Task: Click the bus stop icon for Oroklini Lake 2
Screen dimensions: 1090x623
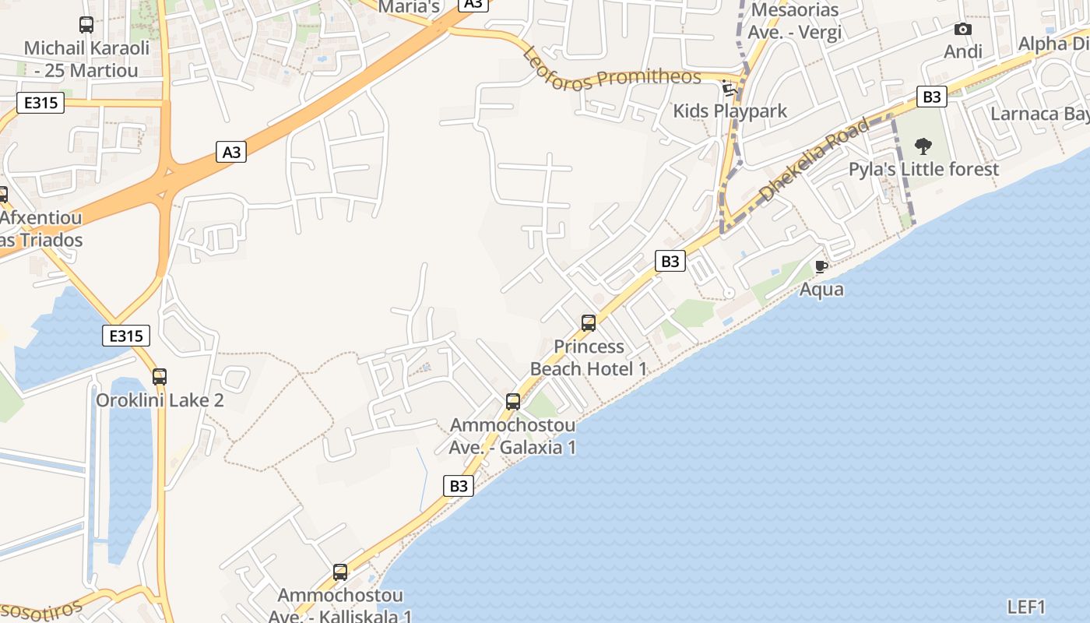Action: coord(160,377)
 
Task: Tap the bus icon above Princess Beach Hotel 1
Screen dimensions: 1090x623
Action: coord(589,323)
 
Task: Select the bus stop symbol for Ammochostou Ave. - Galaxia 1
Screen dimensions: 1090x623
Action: coord(513,402)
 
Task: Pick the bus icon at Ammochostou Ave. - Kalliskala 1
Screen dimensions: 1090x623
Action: coord(340,572)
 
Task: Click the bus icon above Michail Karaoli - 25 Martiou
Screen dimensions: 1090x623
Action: coord(86,25)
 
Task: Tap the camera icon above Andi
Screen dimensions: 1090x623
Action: coord(963,30)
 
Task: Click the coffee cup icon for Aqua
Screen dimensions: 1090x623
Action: coord(821,267)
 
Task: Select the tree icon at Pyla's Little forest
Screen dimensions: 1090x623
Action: coord(923,146)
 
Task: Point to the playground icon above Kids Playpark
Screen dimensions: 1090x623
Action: coord(730,88)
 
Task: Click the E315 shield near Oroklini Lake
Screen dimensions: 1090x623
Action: coord(126,336)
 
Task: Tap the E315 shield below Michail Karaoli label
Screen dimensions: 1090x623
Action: coord(40,102)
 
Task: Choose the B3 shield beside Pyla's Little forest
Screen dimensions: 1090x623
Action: coord(931,97)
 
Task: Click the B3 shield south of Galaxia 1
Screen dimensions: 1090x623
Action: coord(459,486)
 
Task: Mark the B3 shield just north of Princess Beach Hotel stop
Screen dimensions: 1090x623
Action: coord(670,261)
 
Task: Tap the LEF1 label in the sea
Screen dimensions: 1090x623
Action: coord(1026,607)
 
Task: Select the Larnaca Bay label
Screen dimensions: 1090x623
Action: coord(1039,114)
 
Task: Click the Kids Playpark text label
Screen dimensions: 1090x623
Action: coord(730,111)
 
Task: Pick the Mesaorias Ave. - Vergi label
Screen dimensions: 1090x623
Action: coord(794,21)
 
